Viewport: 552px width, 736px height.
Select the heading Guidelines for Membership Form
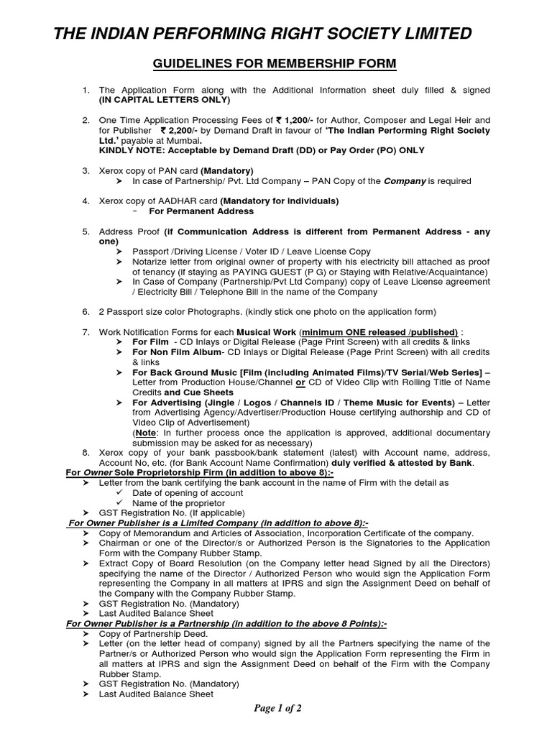pyautogui.click(x=275, y=65)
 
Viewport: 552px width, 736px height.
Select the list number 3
pyautogui.click(x=86, y=170)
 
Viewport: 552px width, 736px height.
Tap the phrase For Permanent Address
pyautogui.click(x=201, y=211)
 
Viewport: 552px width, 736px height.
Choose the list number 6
pyautogui.click(x=86, y=311)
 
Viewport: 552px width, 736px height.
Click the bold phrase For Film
pyautogui.click(x=149, y=342)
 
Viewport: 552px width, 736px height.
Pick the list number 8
pyautogui.click(x=86, y=453)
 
